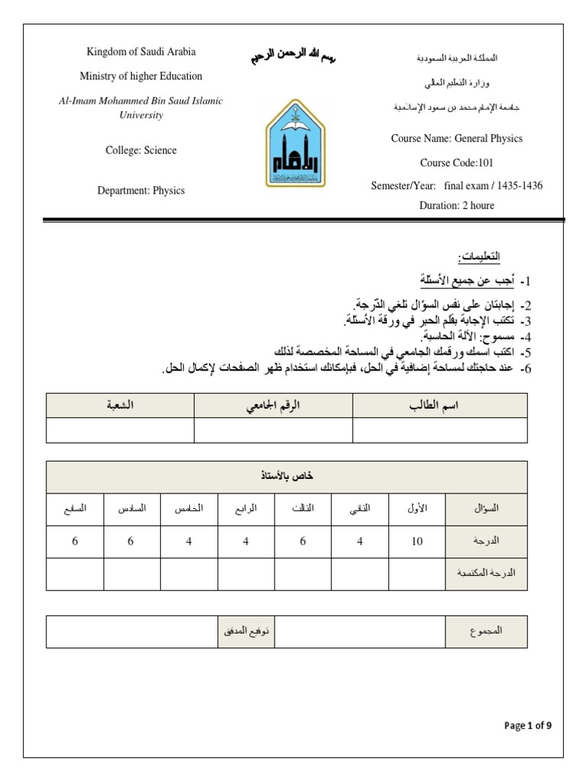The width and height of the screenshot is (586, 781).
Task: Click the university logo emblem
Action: click(x=293, y=143)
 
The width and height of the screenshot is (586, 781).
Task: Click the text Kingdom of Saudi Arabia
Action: click(x=140, y=52)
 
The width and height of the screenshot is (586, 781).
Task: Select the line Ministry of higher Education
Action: click(x=141, y=76)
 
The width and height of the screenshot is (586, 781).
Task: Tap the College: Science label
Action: click(x=141, y=150)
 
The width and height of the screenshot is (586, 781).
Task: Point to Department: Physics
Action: click(x=141, y=191)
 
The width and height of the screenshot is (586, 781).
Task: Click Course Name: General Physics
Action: click(x=456, y=139)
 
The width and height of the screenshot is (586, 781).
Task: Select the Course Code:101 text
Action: click(x=456, y=163)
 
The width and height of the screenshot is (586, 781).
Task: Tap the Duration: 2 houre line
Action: click(x=456, y=205)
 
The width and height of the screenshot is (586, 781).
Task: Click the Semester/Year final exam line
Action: click(x=456, y=186)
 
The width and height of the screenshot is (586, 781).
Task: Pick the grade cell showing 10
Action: click(x=417, y=541)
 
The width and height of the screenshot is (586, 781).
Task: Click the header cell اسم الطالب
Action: click(x=439, y=406)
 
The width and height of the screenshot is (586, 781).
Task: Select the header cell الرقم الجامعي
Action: click(x=273, y=406)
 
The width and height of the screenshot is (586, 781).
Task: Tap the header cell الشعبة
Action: click(x=120, y=406)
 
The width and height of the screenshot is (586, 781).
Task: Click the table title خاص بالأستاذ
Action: click(x=287, y=476)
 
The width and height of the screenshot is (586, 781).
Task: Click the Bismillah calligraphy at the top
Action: click(x=293, y=58)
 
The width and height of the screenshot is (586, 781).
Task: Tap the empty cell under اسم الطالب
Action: click(x=439, y=430)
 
